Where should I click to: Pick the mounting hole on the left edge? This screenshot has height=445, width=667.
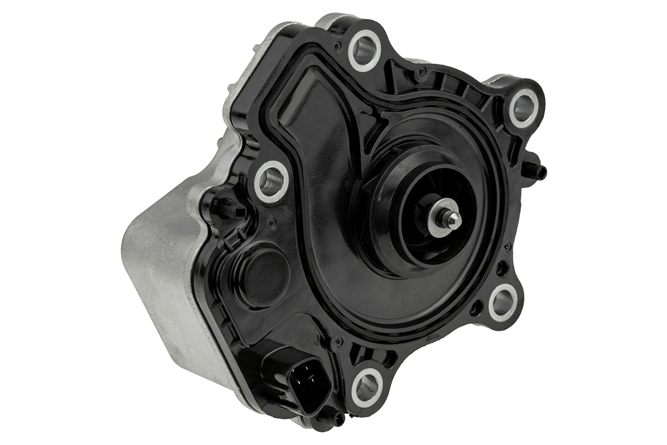pyautogui.click(x=271, y=180)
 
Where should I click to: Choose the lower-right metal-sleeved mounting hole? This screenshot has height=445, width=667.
pyautogui.click(x=503, y=302)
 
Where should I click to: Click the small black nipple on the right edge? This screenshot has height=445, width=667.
pyautogui.click(x=541, y=169)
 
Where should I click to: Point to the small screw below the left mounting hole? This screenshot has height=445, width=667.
pyautogui.click(x=271, y=224)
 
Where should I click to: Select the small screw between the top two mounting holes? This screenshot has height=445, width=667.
pyautogui.click(x=422, y=72)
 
